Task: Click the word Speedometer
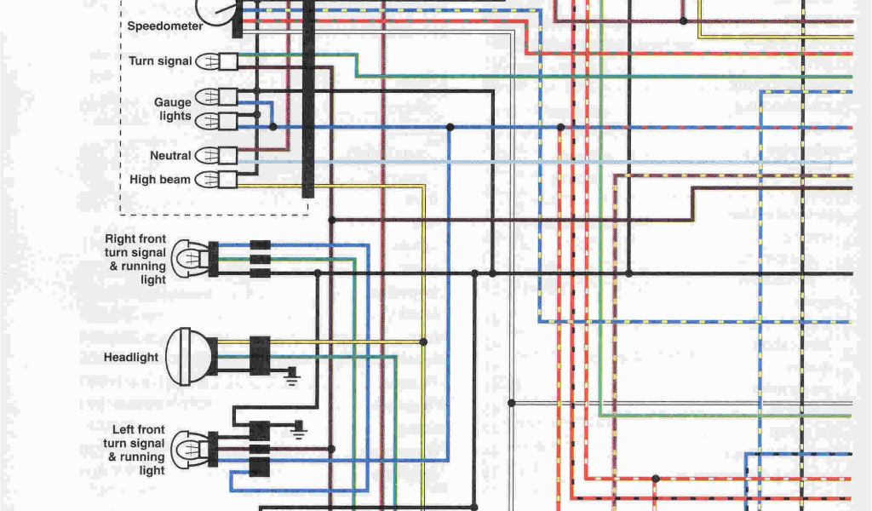pyautogui.click(x=165, y=26)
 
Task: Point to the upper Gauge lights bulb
pyautogui.click(x=207, y=96)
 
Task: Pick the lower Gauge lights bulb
pyautogui.click(x=207, y=121)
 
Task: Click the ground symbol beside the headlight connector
pyautogui.click(x=291, y=375)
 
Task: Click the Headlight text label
pyautogui.click(x=131, y=357)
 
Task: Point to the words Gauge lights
pyautogui.click(x=173, y=109)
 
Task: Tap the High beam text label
pyautogui.click(x=160, y=180)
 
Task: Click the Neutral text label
pyautogui.click(x=170, y=156)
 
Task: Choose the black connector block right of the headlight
pyautogui.click(x=260, y=354)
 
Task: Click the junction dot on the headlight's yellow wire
pyautogui.click(x=422, y=342)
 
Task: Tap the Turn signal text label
pyautogui.click(x=160, y=61)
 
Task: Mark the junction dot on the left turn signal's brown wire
pyautogui.click(x=331, y=449)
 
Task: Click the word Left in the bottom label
pyautogui.click(x=126, y=430)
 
